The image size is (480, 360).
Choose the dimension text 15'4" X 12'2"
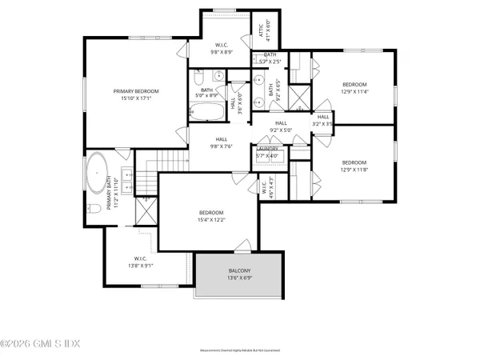[x=212, y=219]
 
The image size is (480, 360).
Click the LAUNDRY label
[x=267, y=148]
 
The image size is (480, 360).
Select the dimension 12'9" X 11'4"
[x=354, y=92]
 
